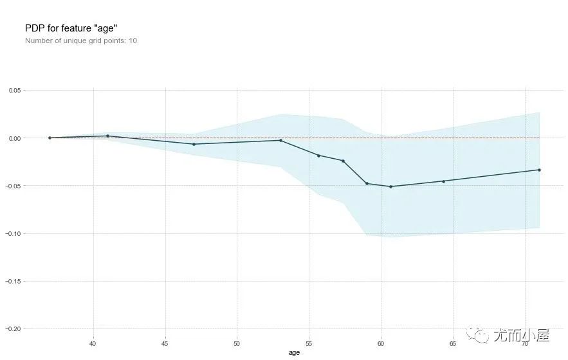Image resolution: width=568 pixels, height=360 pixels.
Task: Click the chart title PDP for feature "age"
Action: coord(71,28)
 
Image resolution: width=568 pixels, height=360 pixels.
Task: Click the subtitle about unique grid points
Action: coord(81,40)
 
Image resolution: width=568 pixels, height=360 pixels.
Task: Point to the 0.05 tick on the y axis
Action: coord(15,91)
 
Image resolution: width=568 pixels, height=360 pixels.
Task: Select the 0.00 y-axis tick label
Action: coord(15,138)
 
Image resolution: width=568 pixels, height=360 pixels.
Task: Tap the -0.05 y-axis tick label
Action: coord(14,186)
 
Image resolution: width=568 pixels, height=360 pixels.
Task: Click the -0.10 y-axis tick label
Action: coord(14,233)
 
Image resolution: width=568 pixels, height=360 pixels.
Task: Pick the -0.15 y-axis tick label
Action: coord(14,281)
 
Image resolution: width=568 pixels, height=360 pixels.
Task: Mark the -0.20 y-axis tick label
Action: coord(14,328)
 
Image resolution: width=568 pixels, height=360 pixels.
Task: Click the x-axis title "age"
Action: coord(294,352)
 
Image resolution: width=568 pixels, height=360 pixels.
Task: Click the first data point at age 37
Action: coord(50,138)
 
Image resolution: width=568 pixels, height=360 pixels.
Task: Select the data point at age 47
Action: coord(194,144)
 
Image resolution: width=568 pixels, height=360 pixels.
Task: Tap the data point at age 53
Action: coord(281,140)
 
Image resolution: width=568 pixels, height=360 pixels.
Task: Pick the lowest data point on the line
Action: coord(390,186)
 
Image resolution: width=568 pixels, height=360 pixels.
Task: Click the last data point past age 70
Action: coord(539,170)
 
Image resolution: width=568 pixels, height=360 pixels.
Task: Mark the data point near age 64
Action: coord(443,181)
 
